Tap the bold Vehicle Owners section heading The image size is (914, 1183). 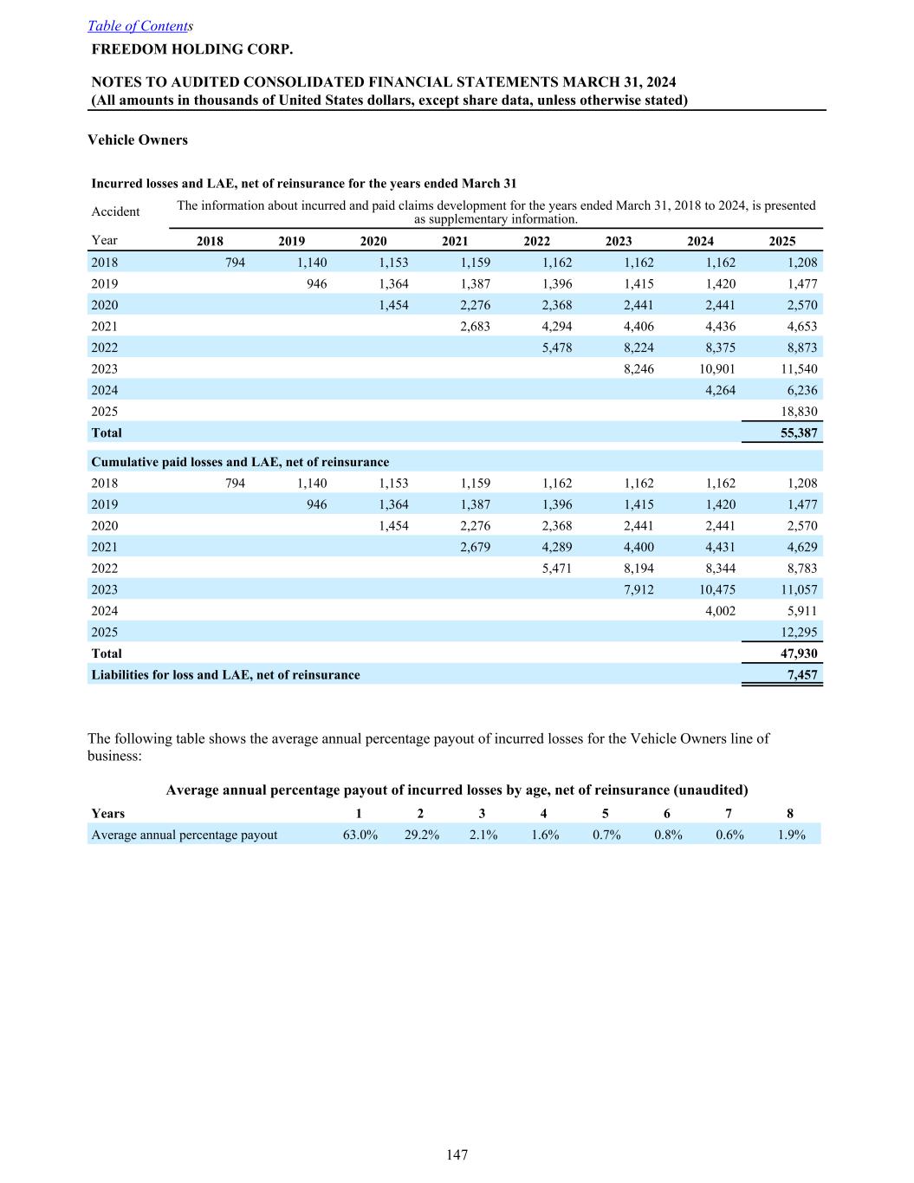click(x=138, y=140)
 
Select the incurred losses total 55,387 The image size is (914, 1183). click(x=795, y=432)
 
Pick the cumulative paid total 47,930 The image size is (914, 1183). click(x=795, y=653)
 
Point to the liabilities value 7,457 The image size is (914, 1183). click(x=801, y=675)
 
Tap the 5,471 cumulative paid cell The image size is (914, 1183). click(x=555, y=569)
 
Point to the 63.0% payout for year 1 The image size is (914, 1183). click(x=360, y=835)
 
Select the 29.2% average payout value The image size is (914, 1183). click(x=422, y=835)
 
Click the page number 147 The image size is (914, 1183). click(x=457, y=1154)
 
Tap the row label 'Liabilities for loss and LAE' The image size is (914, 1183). click(x=225, y=675)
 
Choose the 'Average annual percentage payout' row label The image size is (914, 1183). click(x=185, y=835)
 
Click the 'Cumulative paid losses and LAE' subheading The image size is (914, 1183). click(x=240, y=462)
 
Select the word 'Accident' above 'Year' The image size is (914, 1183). click(x=115, y=211)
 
